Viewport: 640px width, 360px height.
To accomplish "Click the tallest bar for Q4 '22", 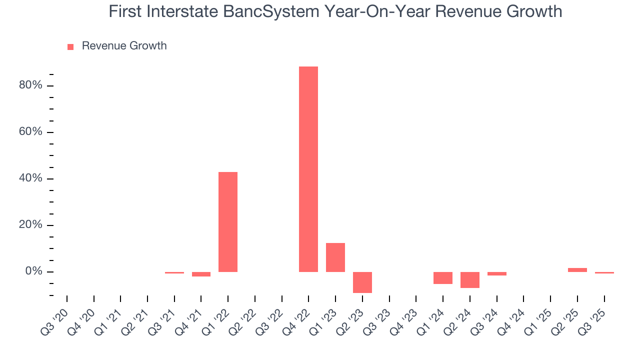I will click(308, 169).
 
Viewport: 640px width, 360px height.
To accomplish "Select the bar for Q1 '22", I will click(228, 221).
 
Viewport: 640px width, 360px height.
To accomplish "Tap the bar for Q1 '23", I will click(335, 257).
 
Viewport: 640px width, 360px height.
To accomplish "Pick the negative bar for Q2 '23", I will click(362, 282).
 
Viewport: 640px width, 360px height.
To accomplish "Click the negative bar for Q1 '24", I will click(443, 278).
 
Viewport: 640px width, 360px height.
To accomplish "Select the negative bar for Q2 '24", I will click(470, 280).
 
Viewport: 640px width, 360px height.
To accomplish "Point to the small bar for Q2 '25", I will click(577, 270).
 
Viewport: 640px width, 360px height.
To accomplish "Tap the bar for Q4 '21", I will click(201, 274).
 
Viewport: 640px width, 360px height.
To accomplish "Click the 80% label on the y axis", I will click(30, 85).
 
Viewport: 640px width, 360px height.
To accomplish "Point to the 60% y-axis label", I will click(30, 132).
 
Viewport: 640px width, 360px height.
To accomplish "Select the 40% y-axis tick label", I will click(30, 178).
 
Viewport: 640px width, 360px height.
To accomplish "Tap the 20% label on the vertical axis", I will click(30, 225).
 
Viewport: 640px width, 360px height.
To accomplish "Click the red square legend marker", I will click(70, 46).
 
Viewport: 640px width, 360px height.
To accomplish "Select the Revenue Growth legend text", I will click(124, 46).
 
